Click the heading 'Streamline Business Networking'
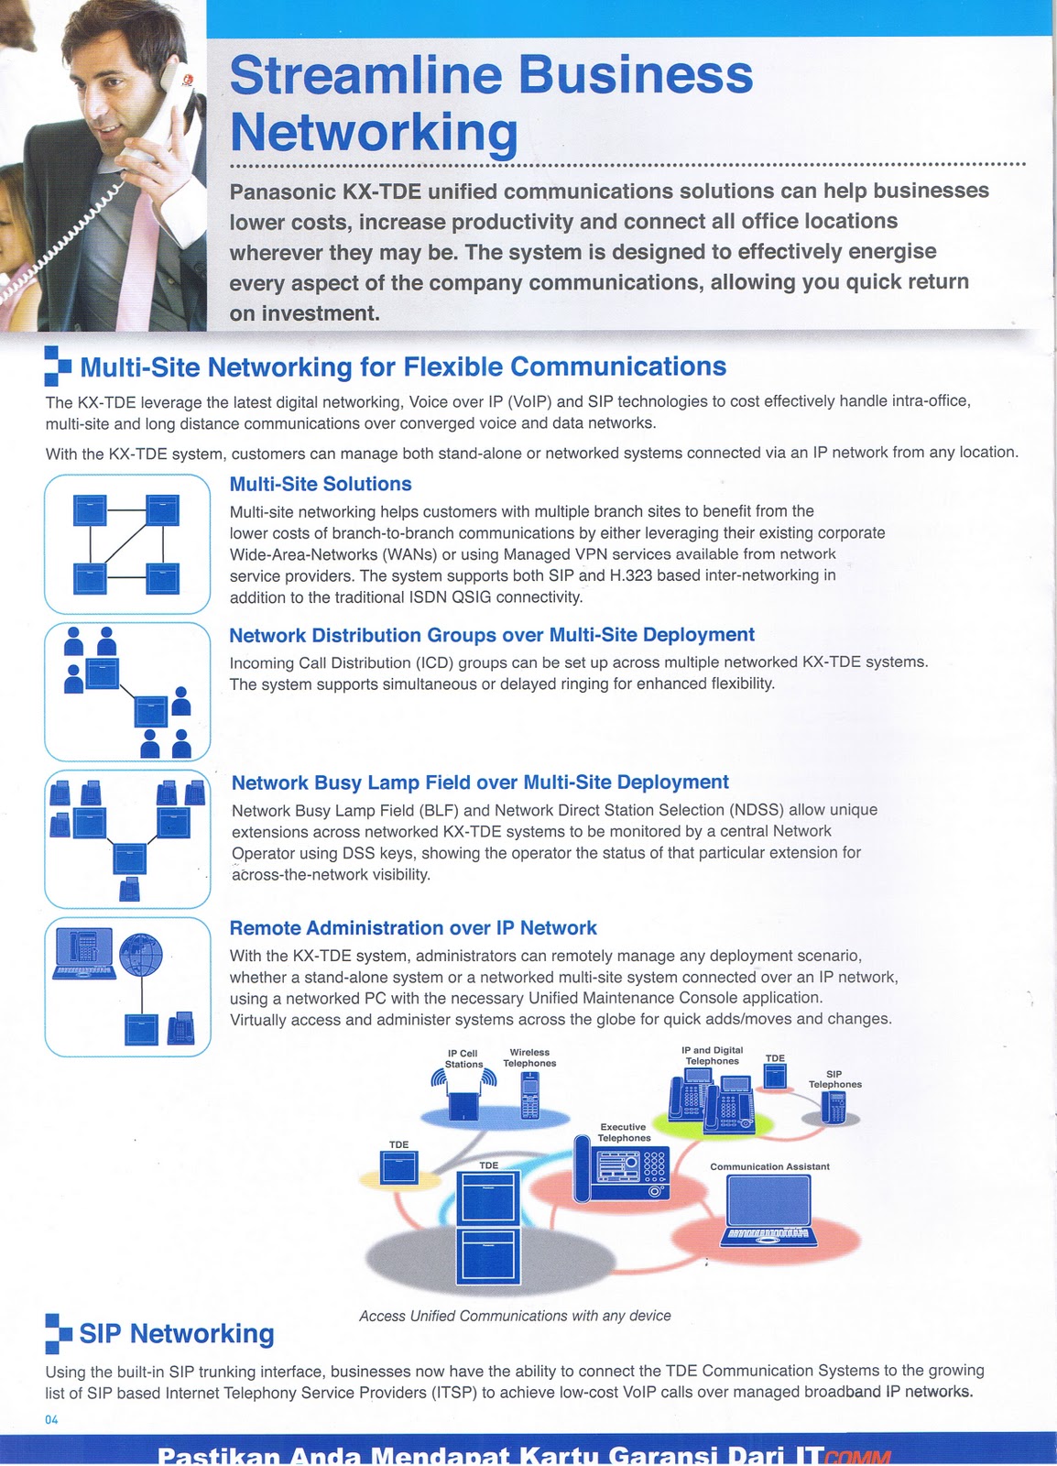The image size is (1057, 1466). click(x=490, y=103)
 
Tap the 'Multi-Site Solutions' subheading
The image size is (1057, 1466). click(x=321, y=484)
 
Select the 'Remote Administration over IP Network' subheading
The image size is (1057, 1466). click(x=413, y=928)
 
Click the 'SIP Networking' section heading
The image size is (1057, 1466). click(x=177, y=1334)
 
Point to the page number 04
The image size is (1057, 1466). click(x=51, y=1420)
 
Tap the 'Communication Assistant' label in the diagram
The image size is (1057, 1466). click(x=769, y=1166)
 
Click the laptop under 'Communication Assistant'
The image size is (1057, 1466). click(x=768, y=1209)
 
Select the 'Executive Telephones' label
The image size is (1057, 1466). click(x=624, y=1132)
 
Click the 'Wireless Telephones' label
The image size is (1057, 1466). click(x=529, y=1057)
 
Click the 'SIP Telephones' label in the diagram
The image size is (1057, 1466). click(x=834, y=1079)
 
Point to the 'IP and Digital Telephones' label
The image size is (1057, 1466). click(x=712, y=1056)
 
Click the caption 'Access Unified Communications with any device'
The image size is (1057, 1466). click(x=515, y=1316)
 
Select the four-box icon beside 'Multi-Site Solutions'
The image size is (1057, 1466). click(x=126, y=543)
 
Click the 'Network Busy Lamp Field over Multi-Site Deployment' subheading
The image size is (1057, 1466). click(x=480, y=782)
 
